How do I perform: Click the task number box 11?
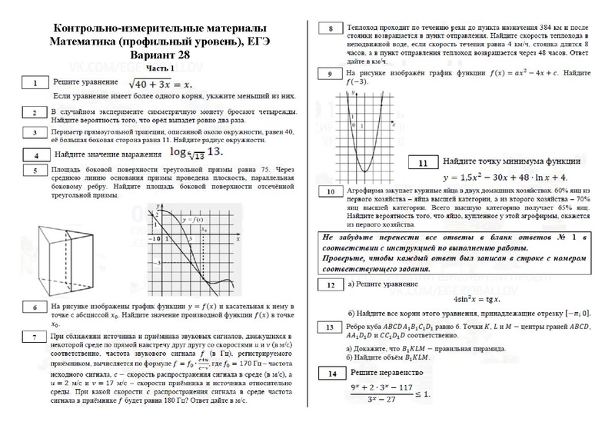(x=424, y=162)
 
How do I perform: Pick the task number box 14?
(x=331, y=374)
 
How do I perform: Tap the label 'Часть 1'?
(x=160, y=68)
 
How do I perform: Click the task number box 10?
(x=331, y=191)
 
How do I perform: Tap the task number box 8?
(x=331, y=29)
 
